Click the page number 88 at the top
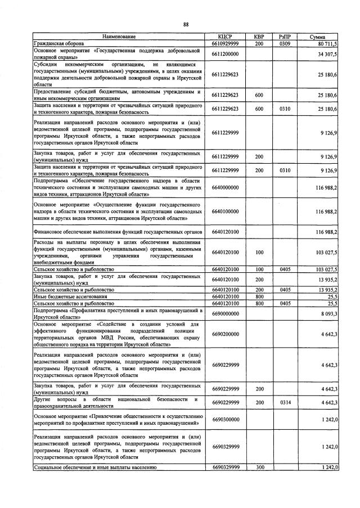click(185, 24)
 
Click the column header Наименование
click(118, 37)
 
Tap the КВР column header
click(259, 37)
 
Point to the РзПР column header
click(285, 37)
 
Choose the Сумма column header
click(318, 37)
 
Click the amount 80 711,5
click(326, 43)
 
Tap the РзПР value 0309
click(285, 43)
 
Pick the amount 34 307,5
click(326, 54)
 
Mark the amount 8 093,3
click(327, 314)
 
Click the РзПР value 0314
click(285, 402)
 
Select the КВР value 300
click(259, 467)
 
